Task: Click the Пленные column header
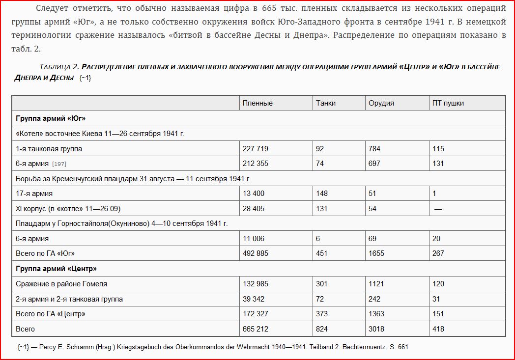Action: pos(257,103)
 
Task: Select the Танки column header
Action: pos(326,103)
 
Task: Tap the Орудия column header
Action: pos(381,103)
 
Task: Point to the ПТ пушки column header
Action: pos(448,103)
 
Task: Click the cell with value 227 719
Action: pos(256,148)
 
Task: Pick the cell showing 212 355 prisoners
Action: pos(256,163)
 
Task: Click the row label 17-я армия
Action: pos(34,194)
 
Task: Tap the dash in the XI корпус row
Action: pos(438,209)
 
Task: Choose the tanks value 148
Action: pos(322,194)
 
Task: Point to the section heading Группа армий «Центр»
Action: pos(56,269)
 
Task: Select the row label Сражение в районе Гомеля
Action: pos(61,283)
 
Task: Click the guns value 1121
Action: pos(376,283)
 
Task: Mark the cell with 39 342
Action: pos(254,299)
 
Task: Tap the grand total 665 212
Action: pos(256,329)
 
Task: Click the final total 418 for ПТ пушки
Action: pos(438,329)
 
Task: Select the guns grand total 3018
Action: pos(376,329)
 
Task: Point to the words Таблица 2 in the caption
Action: pos(59,67)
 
